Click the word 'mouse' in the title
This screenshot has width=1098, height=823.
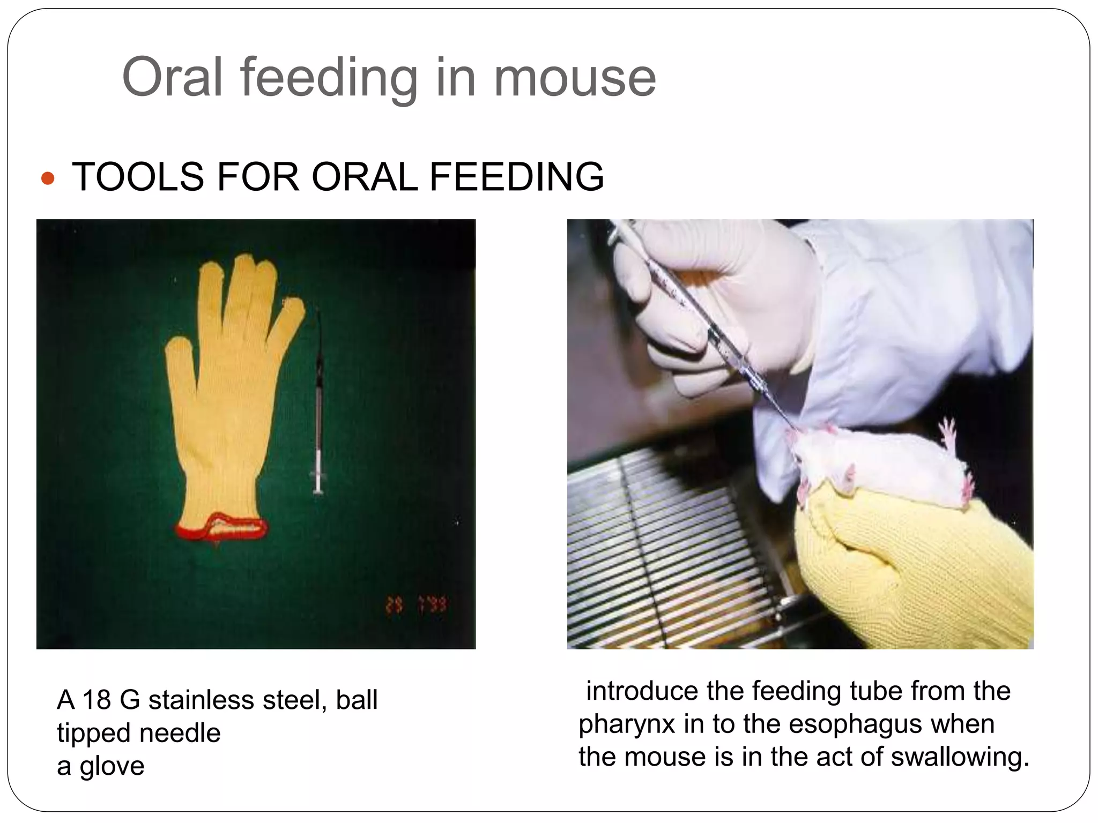pos(575,79)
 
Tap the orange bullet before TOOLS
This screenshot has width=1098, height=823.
pos(48,178)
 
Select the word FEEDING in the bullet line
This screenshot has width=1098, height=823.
pos(516,177)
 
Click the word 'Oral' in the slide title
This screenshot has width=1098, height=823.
pos(172,79)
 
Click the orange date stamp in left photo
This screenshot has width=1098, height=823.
pos(416,606)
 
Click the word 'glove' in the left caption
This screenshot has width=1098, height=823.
pos(112,766)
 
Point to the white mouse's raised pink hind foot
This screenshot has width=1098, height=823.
pos(948,433)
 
